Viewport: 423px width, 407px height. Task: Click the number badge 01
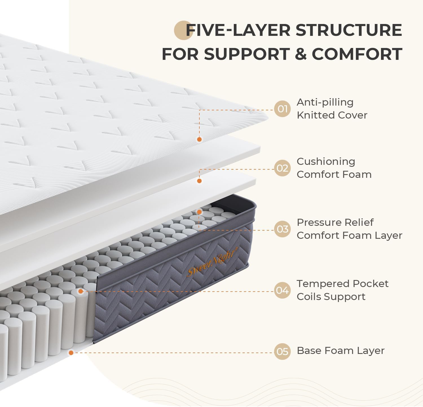tap(282, 109)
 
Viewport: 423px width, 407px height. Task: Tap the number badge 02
tap(282, 168)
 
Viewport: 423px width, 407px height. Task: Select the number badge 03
tap(282, 229)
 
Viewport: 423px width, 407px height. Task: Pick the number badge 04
tap(282, 290)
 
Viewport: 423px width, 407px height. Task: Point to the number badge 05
tap(282, 352)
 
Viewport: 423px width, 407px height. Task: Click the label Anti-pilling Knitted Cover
tap(332, 109)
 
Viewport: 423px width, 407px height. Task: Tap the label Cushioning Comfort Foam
tap(334, 168)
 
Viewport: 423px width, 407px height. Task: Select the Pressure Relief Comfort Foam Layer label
tap(349, 229)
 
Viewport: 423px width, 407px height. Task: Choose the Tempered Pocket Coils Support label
tap(342, 290)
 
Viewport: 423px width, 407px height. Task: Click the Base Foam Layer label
tap(340, 351)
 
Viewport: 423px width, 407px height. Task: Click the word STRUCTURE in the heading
tap(349, 30)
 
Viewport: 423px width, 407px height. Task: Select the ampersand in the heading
tap(301, 54)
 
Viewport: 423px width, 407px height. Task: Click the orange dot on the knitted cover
tap(199, 139)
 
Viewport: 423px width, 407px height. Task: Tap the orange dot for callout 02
tap(199, 181)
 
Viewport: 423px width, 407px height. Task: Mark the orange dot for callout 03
tap(199, 212)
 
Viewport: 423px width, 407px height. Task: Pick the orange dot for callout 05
tap(71, 353)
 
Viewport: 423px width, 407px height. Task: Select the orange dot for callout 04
tap(81, 291)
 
